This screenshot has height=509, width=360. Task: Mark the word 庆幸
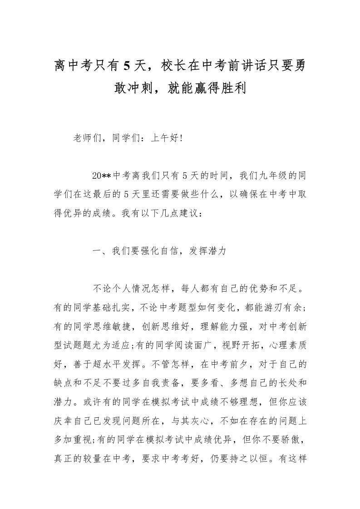[63, 420]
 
